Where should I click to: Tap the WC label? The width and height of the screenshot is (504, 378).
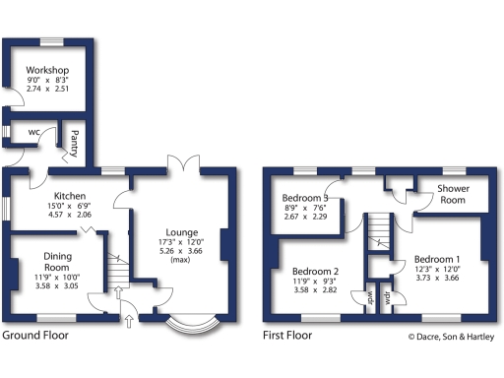pos(32,132)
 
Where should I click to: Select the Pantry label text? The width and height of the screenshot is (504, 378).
pos(74,144)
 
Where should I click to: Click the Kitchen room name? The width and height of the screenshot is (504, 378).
pos(72,196)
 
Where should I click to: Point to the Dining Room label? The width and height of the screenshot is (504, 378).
pos(57,262)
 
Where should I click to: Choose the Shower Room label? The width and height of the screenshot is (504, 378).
pos(452,194)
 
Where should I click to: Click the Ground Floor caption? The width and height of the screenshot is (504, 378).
pos(42,336)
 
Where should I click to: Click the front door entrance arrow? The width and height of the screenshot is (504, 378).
pos(128,319)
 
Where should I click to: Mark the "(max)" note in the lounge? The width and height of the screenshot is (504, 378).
pos(178,261)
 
